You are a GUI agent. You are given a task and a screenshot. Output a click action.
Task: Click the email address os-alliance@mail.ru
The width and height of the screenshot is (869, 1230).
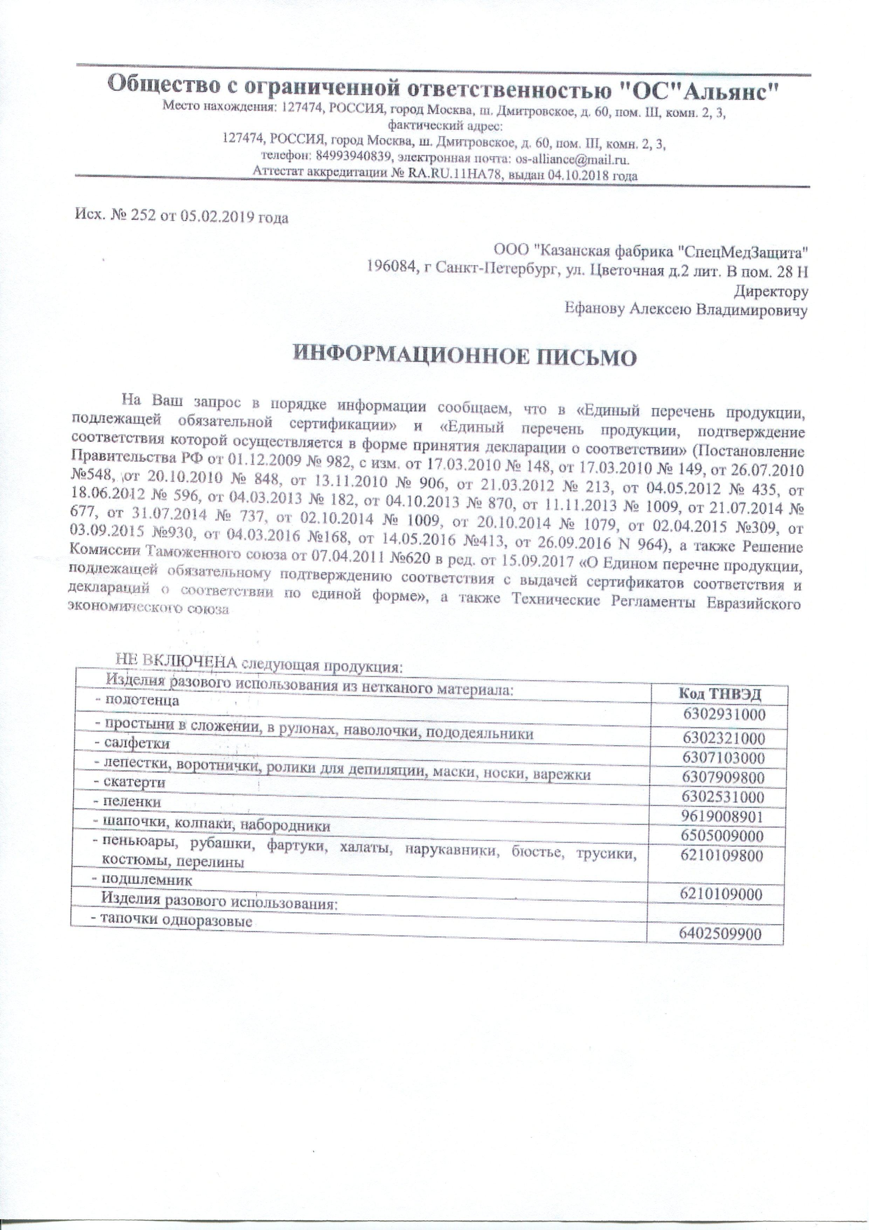click(572, 159)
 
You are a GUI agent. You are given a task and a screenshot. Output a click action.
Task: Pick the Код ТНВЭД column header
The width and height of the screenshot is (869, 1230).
click(719, 694)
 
